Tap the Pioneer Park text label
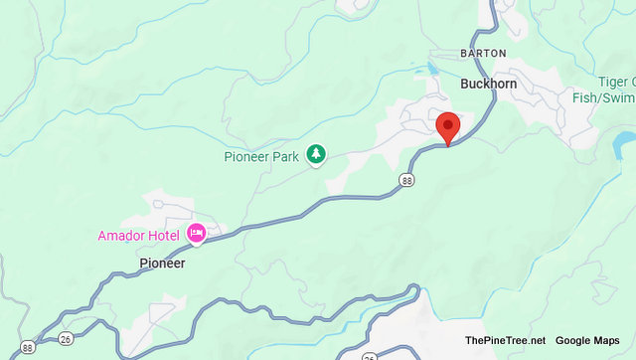(x=264, y=155)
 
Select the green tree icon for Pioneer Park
(x=316, y=153)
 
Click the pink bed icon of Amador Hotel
(x=196, y=233)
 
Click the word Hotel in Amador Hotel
(x=165, y=235)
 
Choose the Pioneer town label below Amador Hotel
(x=162, y=264)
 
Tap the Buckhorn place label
(x=488, y=85)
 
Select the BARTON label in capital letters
(x=483, y=53)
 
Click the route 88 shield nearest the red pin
(x=407, y=180)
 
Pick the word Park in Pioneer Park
(x=287, y=155)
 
